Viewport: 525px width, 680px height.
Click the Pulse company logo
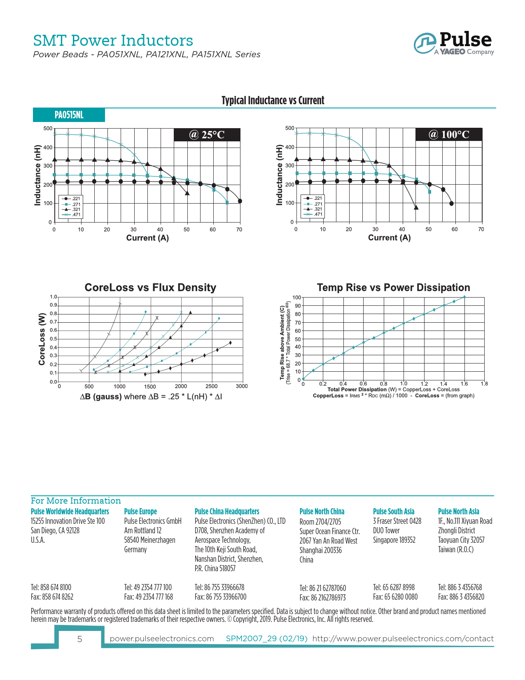pyautogui.click(x=454, y=43)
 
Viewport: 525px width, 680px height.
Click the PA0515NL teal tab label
pyautogui.click(x=69, y=115)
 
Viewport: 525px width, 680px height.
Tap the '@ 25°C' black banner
pyautogui.click(x=207, y=135)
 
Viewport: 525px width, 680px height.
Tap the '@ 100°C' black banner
pyautogui.click(x=449, y=135)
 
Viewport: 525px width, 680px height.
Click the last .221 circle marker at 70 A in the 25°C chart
pyautogui.click(x=240, y=201)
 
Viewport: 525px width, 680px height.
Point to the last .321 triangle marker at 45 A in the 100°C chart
pyautogui.click(x=416, y=208)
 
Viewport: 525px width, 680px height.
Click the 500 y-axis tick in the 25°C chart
pyautogui.click(x=48, y=129)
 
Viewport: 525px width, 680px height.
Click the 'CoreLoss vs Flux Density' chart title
pyautogui.click(x=150, y=288)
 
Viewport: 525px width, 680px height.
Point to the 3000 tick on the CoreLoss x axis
pyautogui.click(x=242, y=386)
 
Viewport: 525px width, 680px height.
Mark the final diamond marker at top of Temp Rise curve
pyautogui.click(x=464, y=297)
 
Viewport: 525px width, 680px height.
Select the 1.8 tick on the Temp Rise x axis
pyautogui.click(x=484, y=384)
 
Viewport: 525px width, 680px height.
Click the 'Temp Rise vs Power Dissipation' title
pyautogui.click(x=393, y=288)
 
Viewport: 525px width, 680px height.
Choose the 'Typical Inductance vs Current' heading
pyautogui.click(x=273, y=101)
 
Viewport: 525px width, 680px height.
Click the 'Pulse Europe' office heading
pyautogui.click(x=140, y=511)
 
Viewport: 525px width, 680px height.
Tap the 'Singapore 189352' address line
pyautogui.click(x=394, y=540)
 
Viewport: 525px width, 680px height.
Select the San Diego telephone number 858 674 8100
pyautogui.click(x=51, y=587)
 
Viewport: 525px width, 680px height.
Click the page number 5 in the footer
pyautogui.click(x=79, y=639)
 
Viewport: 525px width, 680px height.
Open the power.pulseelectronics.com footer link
pyautogui.click(x=162, y=639)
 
